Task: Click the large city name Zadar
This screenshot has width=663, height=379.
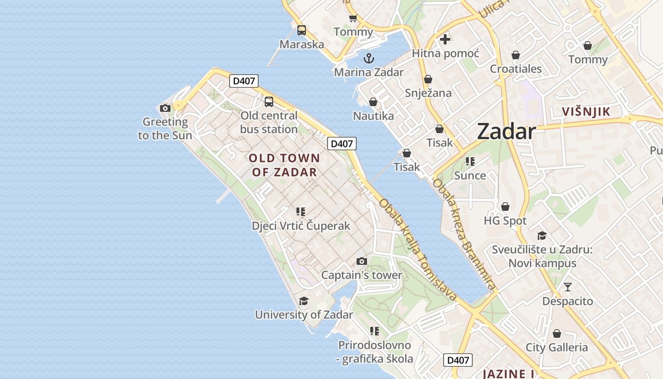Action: (506, 131)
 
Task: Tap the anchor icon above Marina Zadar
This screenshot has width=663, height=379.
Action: (368, 59)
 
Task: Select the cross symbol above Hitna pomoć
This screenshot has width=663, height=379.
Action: (445, 39)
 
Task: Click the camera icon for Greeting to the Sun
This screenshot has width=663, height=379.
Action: (165, 108)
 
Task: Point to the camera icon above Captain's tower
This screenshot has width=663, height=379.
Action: (361, 261)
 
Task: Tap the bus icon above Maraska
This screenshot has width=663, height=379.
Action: (302, 30)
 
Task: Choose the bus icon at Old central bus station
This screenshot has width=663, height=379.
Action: (269, 101)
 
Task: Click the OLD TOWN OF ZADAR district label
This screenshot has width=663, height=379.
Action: (284, 165)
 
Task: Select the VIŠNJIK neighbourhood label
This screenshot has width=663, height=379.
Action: (586, 112)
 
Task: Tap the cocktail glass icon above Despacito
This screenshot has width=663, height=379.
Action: (567, 287)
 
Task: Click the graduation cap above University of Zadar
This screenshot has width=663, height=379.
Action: (304, 301)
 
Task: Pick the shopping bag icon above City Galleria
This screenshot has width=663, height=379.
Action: (557, 334)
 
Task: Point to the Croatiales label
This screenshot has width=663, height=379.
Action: (516, 69)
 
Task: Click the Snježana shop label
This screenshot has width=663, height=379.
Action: (428, 93)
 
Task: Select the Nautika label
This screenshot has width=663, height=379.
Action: (373, 116)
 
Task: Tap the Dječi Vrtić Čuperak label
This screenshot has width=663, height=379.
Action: (301, 226)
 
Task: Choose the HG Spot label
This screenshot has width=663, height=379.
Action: (505, 221)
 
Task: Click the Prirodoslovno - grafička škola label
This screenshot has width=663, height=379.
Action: (375, 352)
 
